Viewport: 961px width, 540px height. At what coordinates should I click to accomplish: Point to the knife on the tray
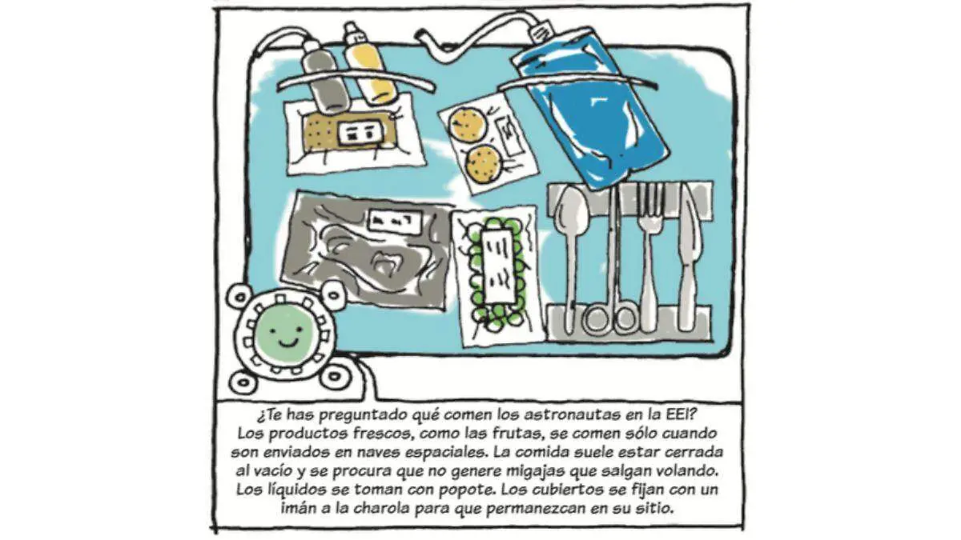(x=690, y=257)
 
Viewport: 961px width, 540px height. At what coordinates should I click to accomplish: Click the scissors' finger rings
(x=611, y=318)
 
